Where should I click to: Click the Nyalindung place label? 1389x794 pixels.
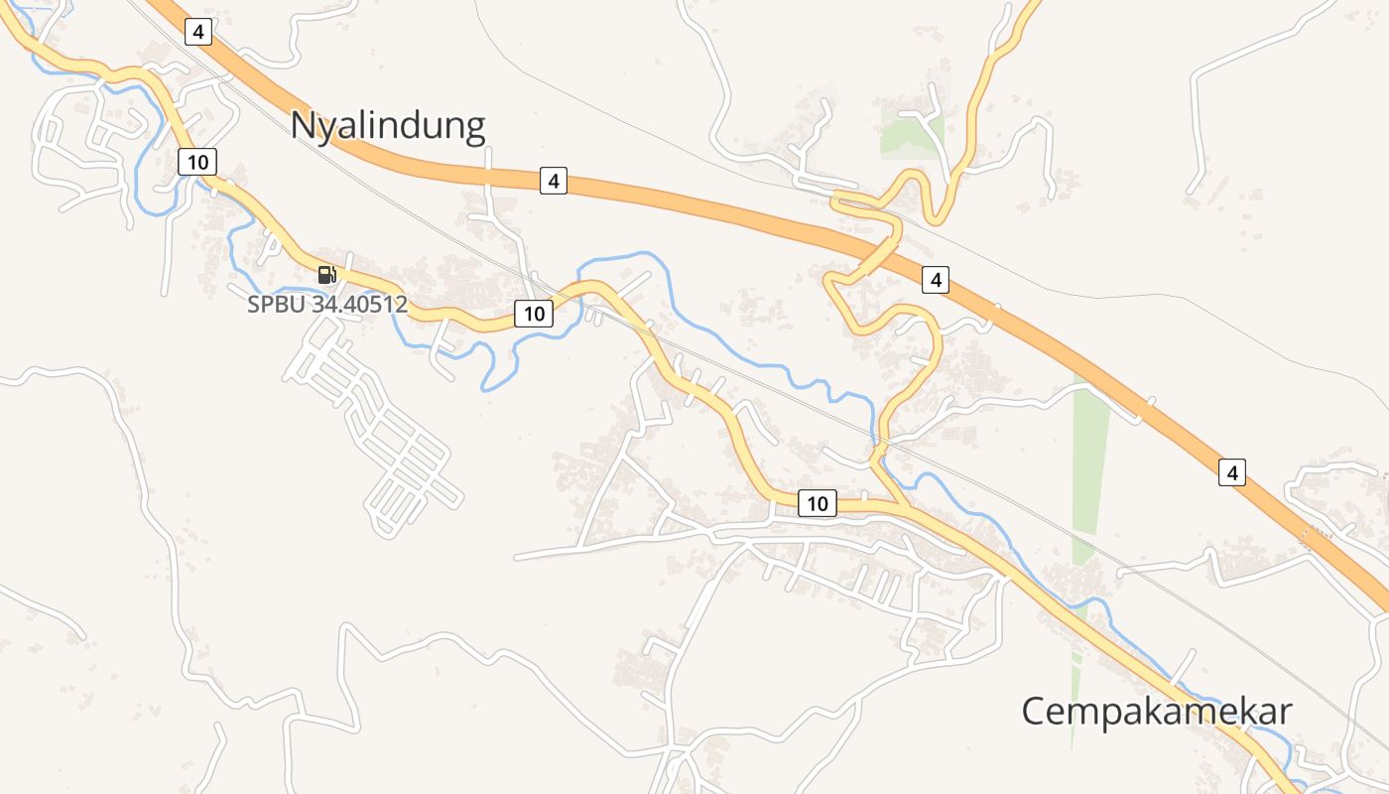pyautogui.click(x=388, y=126)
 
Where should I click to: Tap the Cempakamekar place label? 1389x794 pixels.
pyautogui.click(x=1157, y=712)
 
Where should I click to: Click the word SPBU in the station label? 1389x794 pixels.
pyautogui.click(x=277, y=305)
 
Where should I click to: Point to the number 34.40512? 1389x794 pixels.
pyautogui.click(x=359, y=305)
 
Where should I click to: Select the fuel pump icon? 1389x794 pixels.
pyautogui.click(x=326, y=275)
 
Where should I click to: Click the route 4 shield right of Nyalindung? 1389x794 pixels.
pyautogui.click(x=554, y=181)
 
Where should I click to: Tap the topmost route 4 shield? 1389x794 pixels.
pyautogui.click(x=198, y=32)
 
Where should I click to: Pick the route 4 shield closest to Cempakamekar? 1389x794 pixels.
pyautogui.click(x=1232, y=472)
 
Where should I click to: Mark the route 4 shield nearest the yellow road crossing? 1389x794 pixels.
pyautogui.click(x=935, y=281)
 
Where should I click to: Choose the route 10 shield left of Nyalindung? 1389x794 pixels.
pyautogui.click(x=197, y=161)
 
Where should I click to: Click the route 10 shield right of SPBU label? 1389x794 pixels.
pyautogui.click(x=534, y=314)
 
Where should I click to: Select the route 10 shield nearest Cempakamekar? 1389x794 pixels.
pyautogui.click(x=817, y=503)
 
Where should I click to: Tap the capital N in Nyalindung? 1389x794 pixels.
pyautogui.click(x=304, y=126)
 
